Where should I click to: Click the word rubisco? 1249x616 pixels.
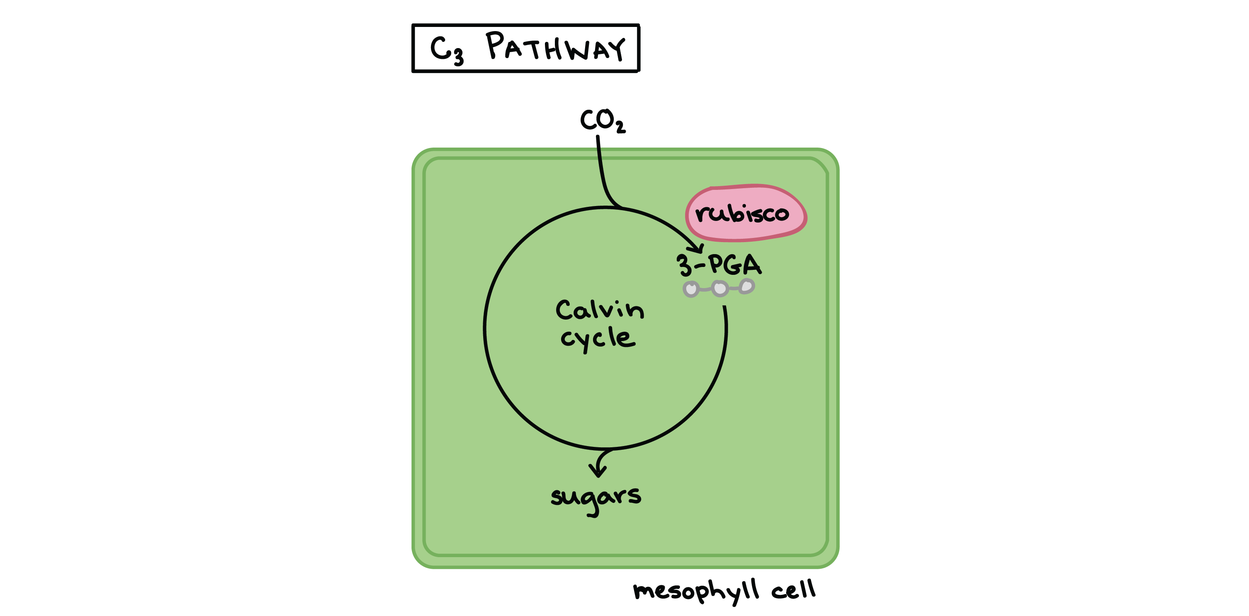point(742,213)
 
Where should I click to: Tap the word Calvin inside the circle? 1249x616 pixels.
point(600,310)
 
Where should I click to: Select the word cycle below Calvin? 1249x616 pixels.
point(597,338)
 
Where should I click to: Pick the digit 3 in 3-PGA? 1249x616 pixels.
point(684,265)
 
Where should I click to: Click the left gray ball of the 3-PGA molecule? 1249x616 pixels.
point(691,289)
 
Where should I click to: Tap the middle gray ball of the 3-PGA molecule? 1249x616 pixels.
point(719,289)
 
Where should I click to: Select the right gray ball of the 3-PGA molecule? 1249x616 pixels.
point(747,286)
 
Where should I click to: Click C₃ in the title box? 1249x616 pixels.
point(446,51)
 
